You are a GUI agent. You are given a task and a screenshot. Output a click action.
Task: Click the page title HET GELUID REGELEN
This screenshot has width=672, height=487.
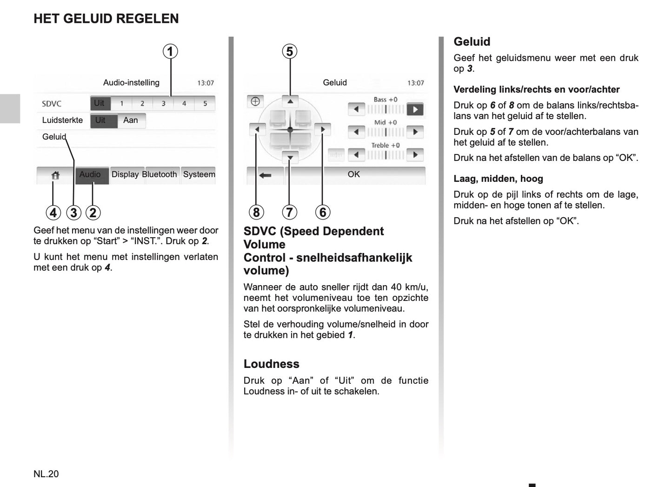[x=106, y=19]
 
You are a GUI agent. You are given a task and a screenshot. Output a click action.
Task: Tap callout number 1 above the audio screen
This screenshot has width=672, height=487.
[x=170, y=51]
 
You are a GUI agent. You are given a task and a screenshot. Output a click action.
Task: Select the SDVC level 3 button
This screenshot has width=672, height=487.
[x=163, y=103]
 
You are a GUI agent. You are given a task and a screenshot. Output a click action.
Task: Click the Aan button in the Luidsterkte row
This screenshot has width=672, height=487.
[x=131, y=120]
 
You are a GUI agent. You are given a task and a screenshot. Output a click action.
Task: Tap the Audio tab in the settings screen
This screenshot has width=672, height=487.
[x=90, y=174]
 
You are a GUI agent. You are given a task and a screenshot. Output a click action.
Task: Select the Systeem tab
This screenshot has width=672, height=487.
[x=199, y=174]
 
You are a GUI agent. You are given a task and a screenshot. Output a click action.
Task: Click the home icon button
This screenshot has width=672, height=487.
[x=55, y=175]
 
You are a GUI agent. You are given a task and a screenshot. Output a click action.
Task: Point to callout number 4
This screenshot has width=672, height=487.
[x=53, y=213]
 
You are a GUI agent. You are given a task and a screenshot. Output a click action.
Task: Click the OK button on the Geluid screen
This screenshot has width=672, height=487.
[x=354, y=174]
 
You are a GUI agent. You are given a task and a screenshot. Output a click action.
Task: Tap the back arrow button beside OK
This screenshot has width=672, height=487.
[x=265, y=175]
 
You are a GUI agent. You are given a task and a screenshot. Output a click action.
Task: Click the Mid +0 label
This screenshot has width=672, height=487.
[x=386, y=122]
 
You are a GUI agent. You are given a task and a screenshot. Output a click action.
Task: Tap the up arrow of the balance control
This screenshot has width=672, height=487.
[x=290, y=101]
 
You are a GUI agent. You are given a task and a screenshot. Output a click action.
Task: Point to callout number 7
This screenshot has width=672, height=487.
[x=289, y=212]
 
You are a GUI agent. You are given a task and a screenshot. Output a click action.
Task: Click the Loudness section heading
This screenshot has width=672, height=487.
[x=272, y=364]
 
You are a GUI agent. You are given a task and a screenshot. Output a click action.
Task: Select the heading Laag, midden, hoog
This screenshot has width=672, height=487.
[x=498, y=179]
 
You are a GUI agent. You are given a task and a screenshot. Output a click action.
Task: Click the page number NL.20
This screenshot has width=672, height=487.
[x=46, y=474]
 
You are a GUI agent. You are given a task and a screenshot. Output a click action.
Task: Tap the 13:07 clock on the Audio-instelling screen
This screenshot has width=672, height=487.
[x=206, y=83]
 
